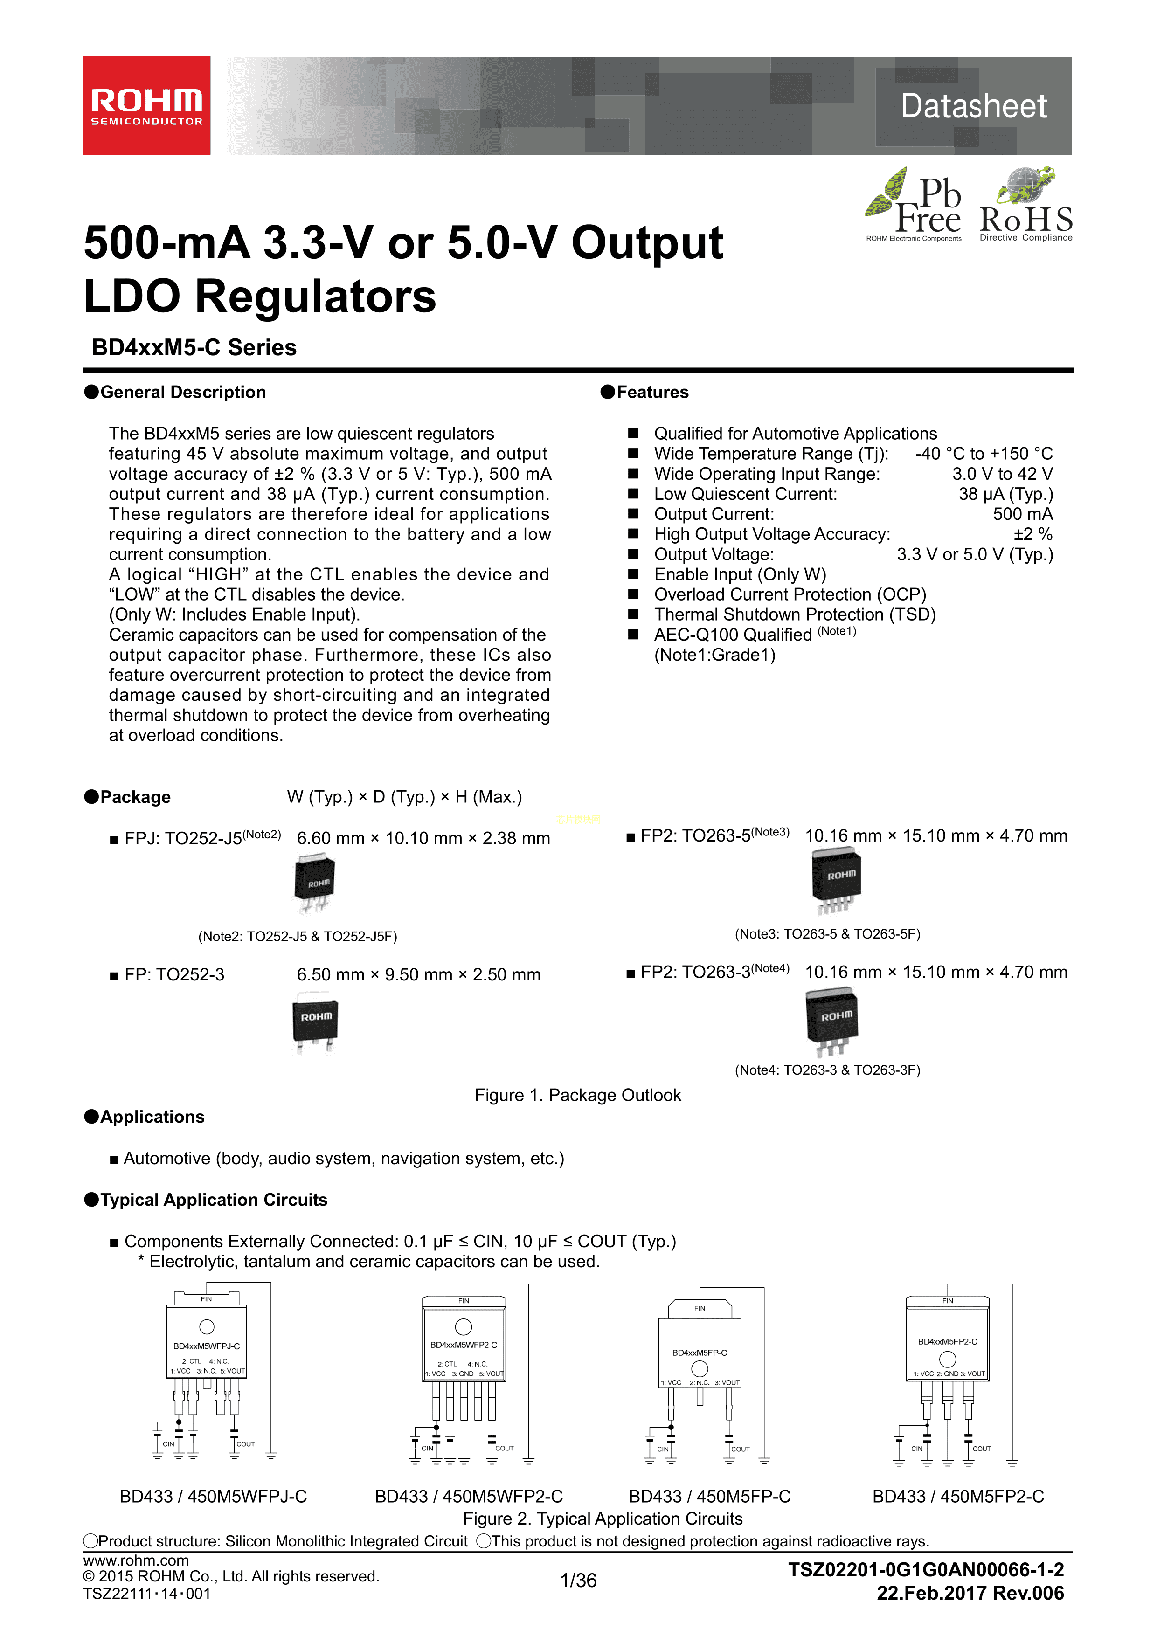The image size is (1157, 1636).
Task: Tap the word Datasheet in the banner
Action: [x=973, y=106]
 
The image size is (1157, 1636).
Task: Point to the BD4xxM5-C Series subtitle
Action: [x=194, y=348]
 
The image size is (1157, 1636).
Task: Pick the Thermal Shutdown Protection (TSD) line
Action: [x=794, y=615]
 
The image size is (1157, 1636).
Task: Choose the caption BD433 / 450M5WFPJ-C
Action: [x=213, y=1496]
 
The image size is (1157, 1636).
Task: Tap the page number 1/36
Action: [x=578, y=1581]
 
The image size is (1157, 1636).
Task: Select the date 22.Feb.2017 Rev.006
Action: [x=970, y=1593]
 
